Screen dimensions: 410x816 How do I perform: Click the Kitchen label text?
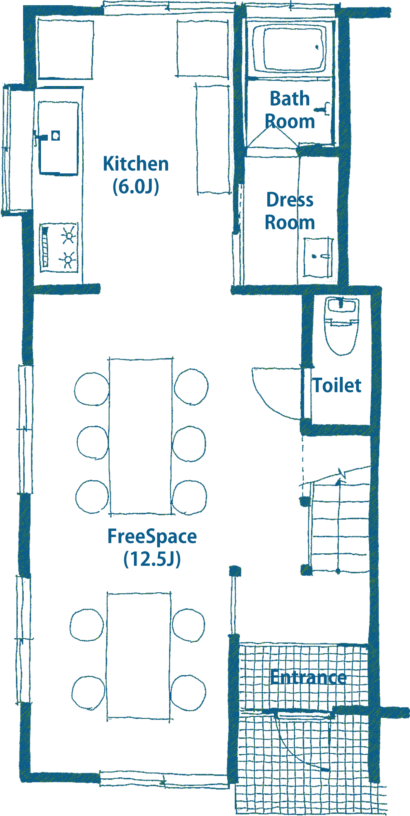tap(136, 164)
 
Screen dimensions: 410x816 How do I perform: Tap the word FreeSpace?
tap(152, 536)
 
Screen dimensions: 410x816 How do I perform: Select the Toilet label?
tap(337, 385)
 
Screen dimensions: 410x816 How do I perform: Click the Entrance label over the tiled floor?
tap(309, 677)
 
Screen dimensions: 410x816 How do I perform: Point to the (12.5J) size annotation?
tap(152, 559)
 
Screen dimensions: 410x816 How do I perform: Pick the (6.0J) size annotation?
tap(136, 187)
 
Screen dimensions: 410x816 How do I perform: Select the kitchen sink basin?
tap(59, 138)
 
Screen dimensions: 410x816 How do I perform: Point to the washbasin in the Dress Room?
tap(318, 257)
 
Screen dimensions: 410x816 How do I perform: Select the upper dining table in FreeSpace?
tap(140, 437)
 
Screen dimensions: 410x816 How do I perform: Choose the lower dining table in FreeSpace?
tap(139, 656)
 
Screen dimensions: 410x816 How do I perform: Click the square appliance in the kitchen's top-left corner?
tap(66, 49)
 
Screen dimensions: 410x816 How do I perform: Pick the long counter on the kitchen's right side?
tap(213, 140)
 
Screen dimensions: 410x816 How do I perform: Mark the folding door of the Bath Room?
tap(272, 138)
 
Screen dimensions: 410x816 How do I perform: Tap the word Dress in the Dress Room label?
tap(290, 200)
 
